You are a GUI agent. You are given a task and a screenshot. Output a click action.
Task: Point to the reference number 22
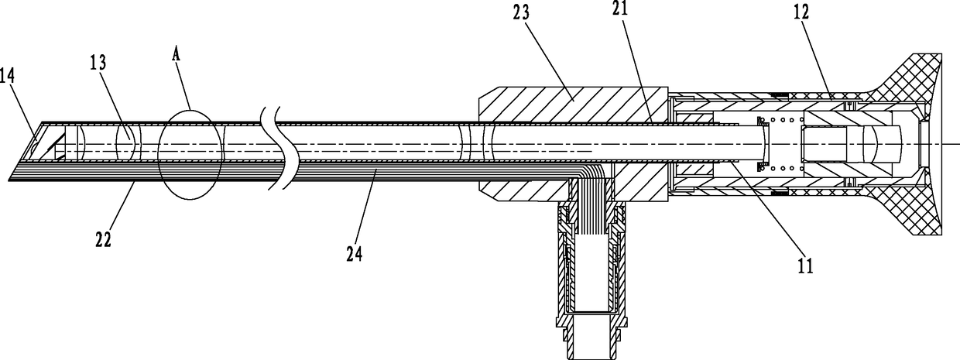tap(104, 239)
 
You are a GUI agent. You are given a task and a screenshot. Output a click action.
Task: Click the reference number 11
tap(804, 266)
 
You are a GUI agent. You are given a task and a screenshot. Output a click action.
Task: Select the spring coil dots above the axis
tap(784, 121)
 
